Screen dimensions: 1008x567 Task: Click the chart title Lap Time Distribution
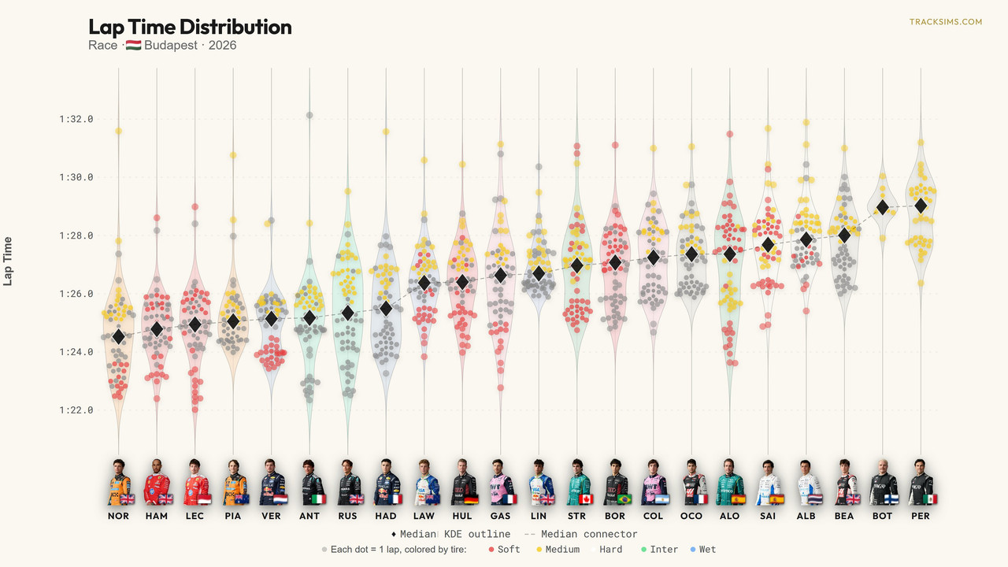pos(190,27)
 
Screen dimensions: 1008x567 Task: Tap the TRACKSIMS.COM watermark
pos(946,21)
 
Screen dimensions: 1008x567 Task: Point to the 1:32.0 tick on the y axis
pos(76,119)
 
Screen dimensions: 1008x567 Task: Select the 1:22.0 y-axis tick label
pos(76,410)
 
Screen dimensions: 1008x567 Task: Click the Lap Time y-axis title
pos(8,261)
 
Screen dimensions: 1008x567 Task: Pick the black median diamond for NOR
pos(118,336)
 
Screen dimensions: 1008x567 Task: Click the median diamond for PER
pos(921,206)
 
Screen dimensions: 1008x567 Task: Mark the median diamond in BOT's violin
pos(883,207)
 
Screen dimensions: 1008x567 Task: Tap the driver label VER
pos(271,516)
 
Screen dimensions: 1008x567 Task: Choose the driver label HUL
pos(462,516)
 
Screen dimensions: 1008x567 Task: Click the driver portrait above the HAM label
pos(157,483)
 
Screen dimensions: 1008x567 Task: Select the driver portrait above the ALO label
pos(730,483)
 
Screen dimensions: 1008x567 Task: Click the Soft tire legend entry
pos(505,550)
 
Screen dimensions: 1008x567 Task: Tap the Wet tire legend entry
pos(703,550)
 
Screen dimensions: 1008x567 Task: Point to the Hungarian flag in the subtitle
pos(133,45)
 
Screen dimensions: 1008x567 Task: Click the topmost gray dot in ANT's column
pos(309,115)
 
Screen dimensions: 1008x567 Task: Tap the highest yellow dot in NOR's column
pos(118,131)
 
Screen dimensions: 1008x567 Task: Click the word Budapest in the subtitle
pos(171,46)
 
